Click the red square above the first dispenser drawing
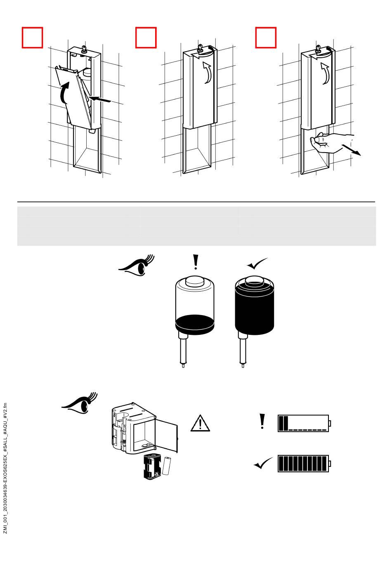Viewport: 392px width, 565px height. tap(32, 38)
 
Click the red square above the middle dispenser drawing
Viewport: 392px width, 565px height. tap(146, 38)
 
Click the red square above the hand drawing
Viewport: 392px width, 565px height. tap(266, 38)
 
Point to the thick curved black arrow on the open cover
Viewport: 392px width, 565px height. tap(64, 92)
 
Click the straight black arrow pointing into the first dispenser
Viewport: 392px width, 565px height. tap(100, 99)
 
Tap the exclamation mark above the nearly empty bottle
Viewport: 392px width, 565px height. tap(196, 262)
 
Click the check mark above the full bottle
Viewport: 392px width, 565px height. tap(257, 264)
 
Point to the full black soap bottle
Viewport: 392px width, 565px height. tap(254, 307)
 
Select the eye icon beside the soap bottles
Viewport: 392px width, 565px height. tap(137, 266)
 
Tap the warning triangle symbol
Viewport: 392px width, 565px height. tap(200, 424)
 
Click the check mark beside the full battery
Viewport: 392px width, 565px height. tap(263, 464)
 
